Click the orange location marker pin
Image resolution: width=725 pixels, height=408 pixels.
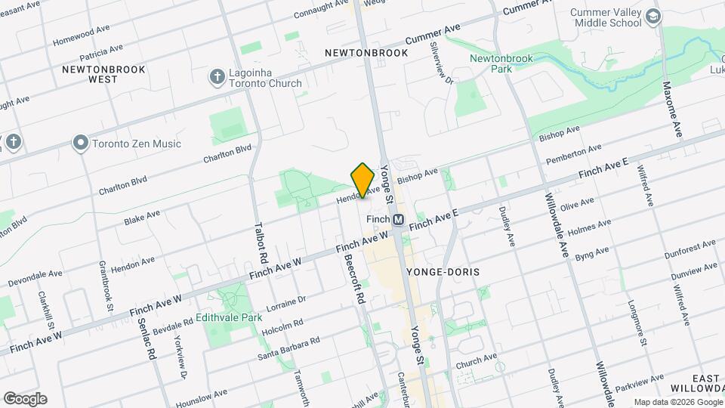pos(363,180)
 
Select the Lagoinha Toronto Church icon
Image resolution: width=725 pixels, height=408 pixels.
pos(217,77)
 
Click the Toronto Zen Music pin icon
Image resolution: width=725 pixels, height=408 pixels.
pos(81,142)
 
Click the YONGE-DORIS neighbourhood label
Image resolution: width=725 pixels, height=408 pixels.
pos(443,270)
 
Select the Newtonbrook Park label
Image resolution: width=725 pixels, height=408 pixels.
pos(501,63)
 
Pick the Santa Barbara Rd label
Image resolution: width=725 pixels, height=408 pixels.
pos(288,348)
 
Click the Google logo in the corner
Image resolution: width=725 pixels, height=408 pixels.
pos(24,398)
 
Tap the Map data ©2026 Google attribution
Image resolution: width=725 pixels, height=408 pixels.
pos(677,402)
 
